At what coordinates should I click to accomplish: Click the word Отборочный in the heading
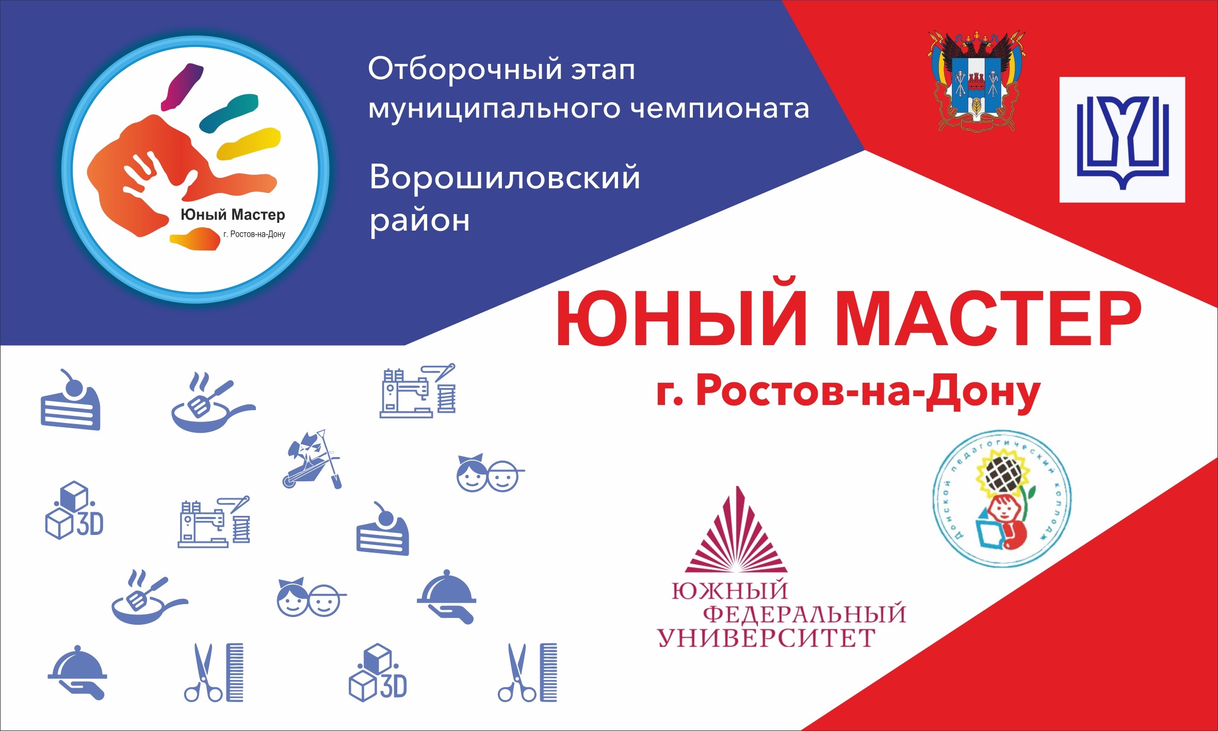(457, 69)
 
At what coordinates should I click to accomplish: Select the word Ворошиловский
(505, 177)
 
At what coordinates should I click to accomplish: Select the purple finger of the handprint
(182, 86)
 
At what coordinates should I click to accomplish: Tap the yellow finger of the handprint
(249, 143)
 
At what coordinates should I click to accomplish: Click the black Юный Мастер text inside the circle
(233, 215)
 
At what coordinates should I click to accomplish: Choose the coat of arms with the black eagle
(977, 82)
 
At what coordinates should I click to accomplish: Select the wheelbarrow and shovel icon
(312, 459)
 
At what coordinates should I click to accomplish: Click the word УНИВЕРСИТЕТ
(767, 638)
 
